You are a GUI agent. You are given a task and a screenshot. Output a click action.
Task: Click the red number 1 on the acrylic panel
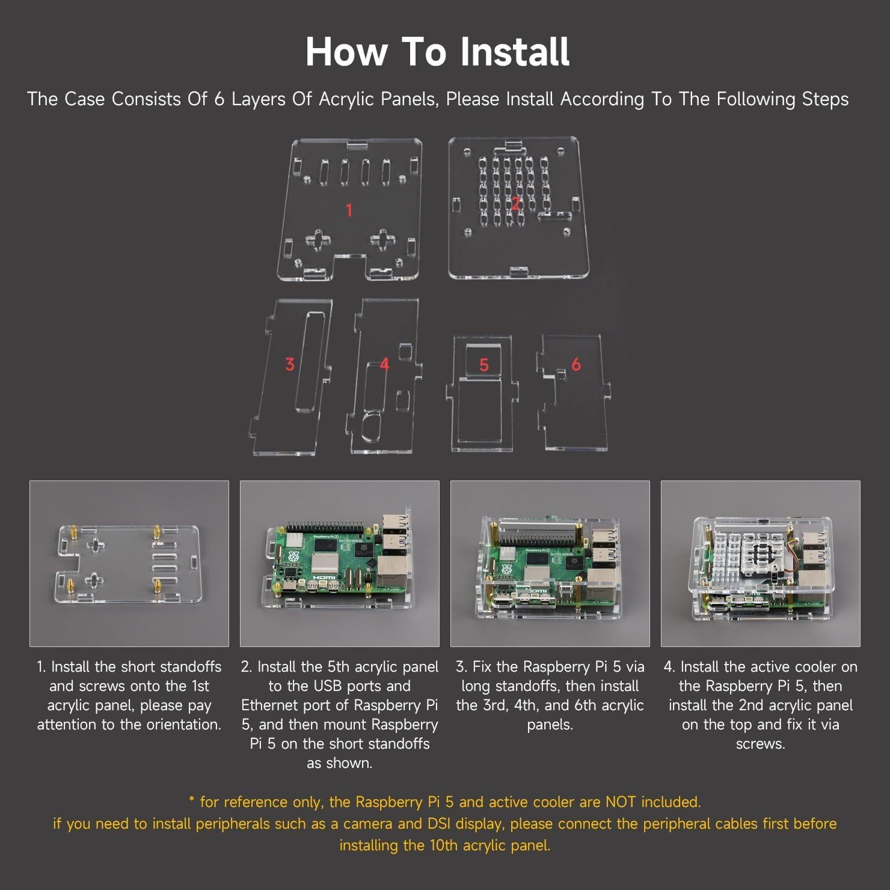349,210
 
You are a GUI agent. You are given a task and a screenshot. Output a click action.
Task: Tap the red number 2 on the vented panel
515,203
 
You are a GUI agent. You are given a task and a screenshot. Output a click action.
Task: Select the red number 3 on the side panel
290,364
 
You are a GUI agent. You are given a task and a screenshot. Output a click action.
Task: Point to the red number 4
385,364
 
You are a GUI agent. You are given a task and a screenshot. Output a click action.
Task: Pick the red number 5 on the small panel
484,364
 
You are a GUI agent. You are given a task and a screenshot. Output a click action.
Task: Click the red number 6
576,364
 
